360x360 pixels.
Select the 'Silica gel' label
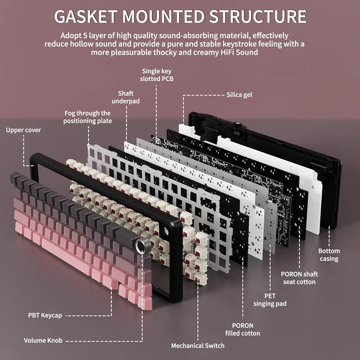point(239,95)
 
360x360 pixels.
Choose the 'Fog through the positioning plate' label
point(87,117)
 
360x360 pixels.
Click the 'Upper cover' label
point(23,130)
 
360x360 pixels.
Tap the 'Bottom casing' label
point(329,255)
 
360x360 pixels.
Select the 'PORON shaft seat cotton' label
point(300,278)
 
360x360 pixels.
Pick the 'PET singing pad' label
point(270,300)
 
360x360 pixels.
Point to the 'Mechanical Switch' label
point(198,346)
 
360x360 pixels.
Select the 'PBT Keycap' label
point(45,315)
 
